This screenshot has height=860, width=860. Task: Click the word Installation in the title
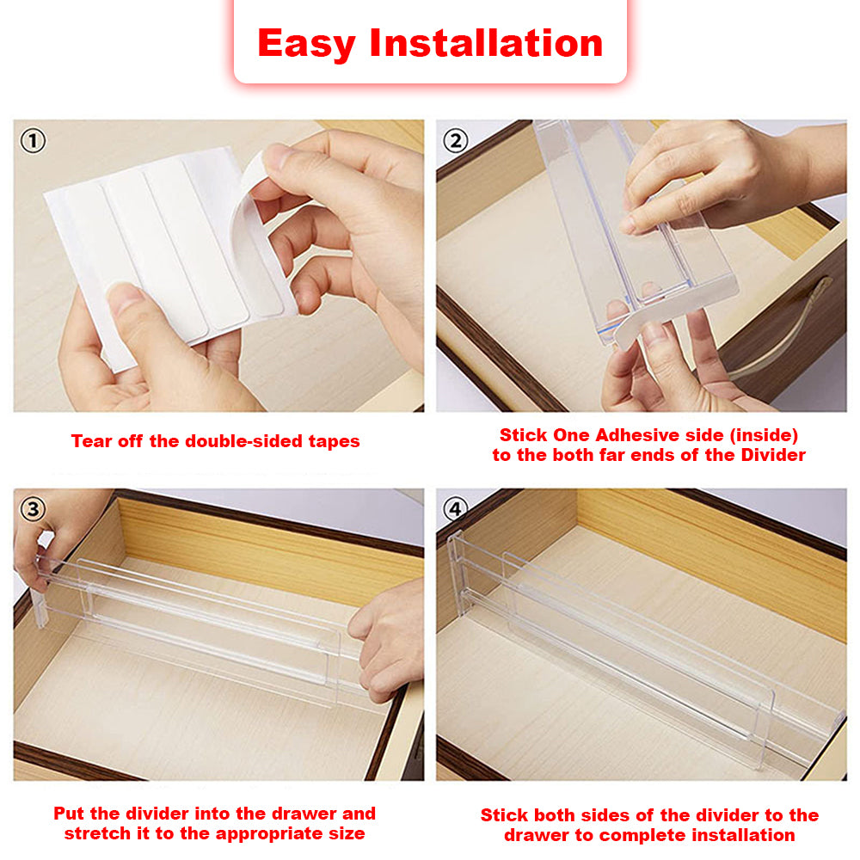486,43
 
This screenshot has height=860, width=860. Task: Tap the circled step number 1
33,140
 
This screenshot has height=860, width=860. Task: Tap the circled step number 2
455,140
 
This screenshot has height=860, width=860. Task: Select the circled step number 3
33,509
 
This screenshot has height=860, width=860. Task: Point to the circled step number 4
455,509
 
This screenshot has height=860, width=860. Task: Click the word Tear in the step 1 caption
90,442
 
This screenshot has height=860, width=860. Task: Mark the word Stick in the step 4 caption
503,814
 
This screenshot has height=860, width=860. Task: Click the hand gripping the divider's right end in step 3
391,636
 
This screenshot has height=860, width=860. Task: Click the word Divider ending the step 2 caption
771,456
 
